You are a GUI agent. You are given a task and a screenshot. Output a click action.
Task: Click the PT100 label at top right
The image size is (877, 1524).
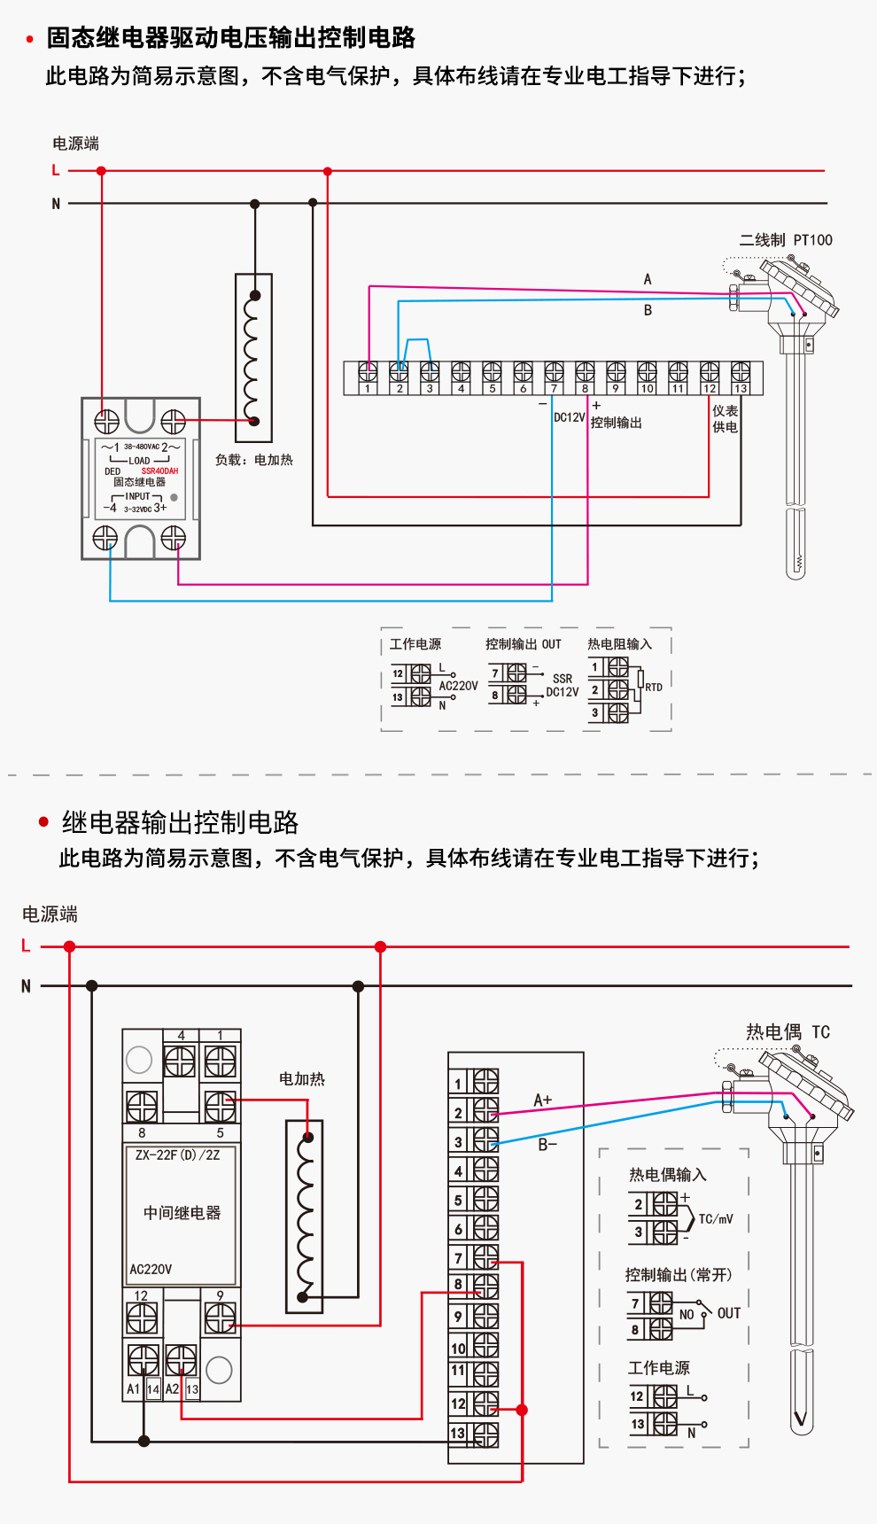point(812,240)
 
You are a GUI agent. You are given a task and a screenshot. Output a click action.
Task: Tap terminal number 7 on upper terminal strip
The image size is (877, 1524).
point(554,388)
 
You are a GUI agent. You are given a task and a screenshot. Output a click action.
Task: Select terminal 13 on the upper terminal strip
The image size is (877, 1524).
point(741,388)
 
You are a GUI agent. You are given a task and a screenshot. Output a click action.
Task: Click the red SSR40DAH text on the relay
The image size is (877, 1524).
point(159,471)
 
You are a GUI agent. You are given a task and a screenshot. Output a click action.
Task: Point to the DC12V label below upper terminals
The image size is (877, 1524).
point(569,417)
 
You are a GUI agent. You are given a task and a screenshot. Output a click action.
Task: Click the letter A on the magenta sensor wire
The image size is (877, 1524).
point(648,279)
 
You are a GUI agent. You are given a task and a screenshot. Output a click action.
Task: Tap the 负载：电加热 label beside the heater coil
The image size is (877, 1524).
point(253,460)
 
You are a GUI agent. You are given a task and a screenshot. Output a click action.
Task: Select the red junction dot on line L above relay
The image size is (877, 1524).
point(101,171)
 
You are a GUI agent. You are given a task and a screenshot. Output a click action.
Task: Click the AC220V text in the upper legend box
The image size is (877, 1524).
point(458,686)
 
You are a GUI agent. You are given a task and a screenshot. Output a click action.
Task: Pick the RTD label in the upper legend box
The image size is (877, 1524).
point(654,688)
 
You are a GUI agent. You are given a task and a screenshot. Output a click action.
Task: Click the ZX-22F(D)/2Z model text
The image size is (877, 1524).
point(177,1155)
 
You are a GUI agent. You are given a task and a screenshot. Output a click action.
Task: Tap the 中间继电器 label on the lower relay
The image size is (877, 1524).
point(182,1213)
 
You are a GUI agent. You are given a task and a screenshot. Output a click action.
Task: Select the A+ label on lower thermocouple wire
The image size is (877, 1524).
point(542,1100)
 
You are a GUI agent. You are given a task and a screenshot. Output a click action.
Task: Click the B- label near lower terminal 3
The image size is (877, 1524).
point(547,1145)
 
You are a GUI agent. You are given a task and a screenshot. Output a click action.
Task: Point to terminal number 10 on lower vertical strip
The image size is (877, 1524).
point(458,1349)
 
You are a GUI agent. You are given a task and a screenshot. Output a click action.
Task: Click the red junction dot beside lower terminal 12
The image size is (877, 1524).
point(522,1410)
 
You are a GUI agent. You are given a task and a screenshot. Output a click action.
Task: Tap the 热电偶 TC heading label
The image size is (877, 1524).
point(788,1032)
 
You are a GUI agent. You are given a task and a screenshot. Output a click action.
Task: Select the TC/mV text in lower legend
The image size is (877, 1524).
point(716,1219)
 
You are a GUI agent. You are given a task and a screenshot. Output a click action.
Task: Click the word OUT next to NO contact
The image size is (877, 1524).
point(728,1313)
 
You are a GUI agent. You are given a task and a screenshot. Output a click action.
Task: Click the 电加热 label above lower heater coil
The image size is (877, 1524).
point(301,1079)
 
